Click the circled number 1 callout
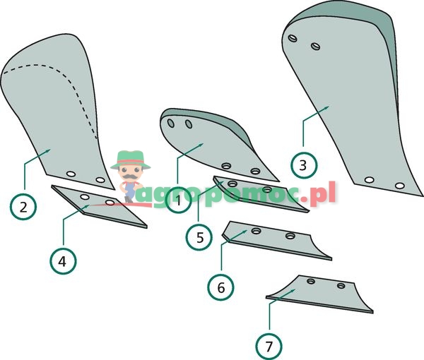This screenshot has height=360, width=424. click(x=177, y=201)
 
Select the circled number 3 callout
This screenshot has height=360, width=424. click(x=303, y=166)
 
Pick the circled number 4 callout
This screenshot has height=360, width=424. click(x=62, y=260)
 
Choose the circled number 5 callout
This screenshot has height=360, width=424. click(x=200, y=237)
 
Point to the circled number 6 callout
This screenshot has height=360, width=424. click(x=220, y=287)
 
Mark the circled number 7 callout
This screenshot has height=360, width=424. click(x=269, y=346)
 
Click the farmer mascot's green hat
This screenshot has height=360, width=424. click(x=131, y=157)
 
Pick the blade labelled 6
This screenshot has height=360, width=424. click(x=276, y=240)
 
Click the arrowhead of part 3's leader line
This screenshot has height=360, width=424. click(x=330, y=105)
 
